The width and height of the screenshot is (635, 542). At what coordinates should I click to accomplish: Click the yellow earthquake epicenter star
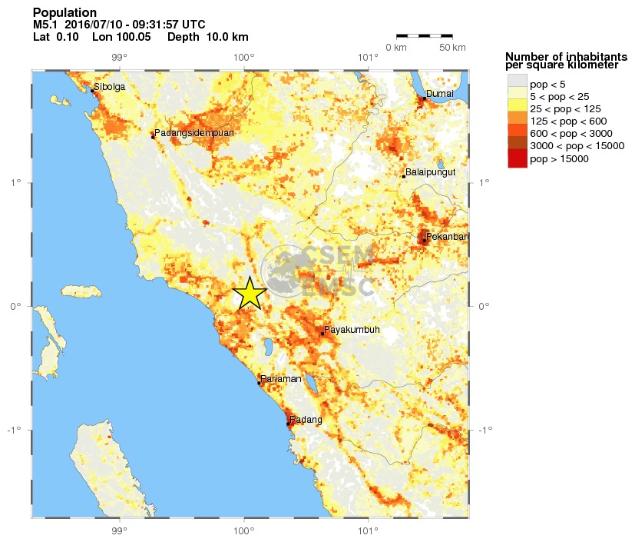[250, 293]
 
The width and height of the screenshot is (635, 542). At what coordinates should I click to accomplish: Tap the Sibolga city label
[109, 87]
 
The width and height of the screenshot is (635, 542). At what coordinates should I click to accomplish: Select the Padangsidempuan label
[193, 133]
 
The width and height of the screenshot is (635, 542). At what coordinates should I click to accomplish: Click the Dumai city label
[440, 93]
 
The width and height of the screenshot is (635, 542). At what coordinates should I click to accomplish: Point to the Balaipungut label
[431, 172]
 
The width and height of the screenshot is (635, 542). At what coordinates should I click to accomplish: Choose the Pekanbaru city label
[446, 237]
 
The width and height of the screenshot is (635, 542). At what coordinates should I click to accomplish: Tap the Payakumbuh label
[352, 330]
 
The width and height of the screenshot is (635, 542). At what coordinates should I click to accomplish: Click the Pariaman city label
[280, 379]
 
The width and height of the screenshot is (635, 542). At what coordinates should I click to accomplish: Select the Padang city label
[305, 420]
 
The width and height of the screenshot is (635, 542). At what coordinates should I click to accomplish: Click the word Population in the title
[65, 13]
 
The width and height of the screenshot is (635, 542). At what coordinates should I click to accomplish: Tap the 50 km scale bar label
[453, 48]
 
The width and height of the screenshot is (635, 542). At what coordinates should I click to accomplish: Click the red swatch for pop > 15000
[517, 159]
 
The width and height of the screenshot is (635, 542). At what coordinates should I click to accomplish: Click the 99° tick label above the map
[119, 57]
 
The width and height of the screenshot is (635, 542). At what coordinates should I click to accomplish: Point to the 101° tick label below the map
[369, 530]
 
